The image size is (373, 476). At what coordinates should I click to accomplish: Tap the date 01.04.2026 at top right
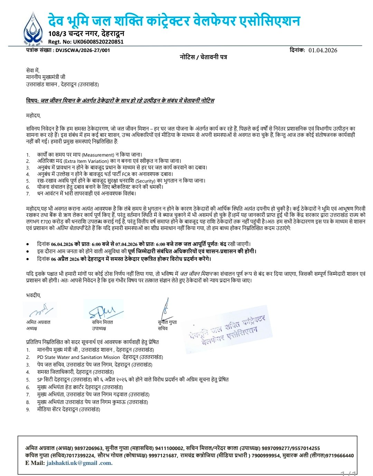[x=323, y=50]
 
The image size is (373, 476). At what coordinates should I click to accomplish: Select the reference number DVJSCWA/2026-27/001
[x=83, y=50]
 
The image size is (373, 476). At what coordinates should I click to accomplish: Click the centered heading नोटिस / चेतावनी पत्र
[x=203, y=57]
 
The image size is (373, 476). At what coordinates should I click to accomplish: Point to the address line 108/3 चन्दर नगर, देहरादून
[x=86, y=34]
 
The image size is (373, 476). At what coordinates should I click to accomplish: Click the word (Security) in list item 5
[x=148, y=181]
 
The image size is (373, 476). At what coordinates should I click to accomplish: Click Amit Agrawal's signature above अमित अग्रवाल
[x=41, y=310]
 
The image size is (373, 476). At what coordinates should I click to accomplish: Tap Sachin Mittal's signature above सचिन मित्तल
[x=103, y=310]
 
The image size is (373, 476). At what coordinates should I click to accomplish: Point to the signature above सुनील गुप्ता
[x=166, y=309]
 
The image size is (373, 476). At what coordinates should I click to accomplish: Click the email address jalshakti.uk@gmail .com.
[x=79, y=463]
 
